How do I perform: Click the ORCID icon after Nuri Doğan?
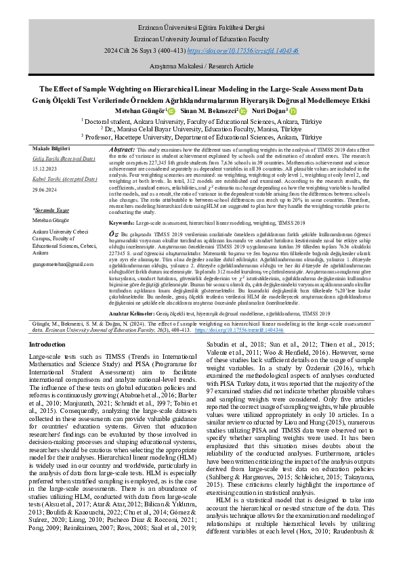(293, 110)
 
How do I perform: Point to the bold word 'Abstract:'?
(121, 148)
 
